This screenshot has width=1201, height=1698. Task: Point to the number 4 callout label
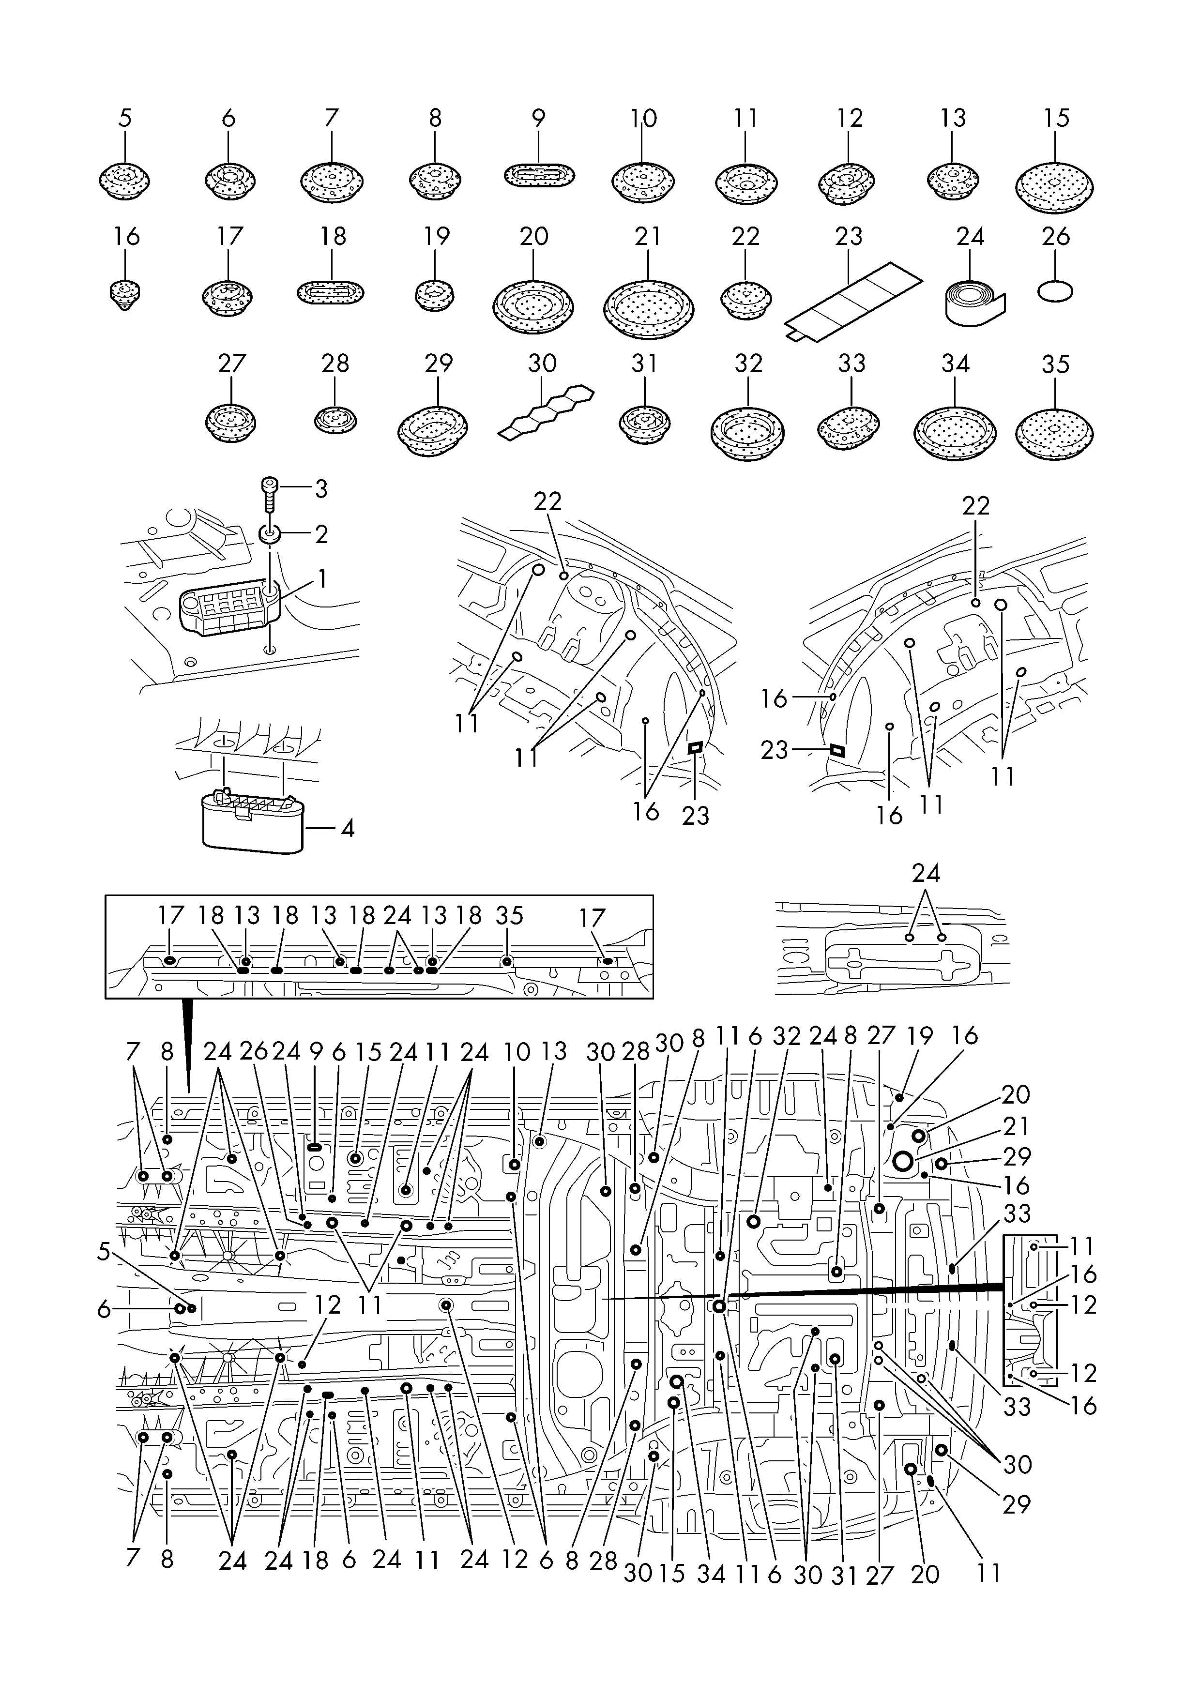pyautogui.click(x=346, y=828)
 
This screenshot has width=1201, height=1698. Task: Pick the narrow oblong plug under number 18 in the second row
pyautogui.click(x=331, y=292)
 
